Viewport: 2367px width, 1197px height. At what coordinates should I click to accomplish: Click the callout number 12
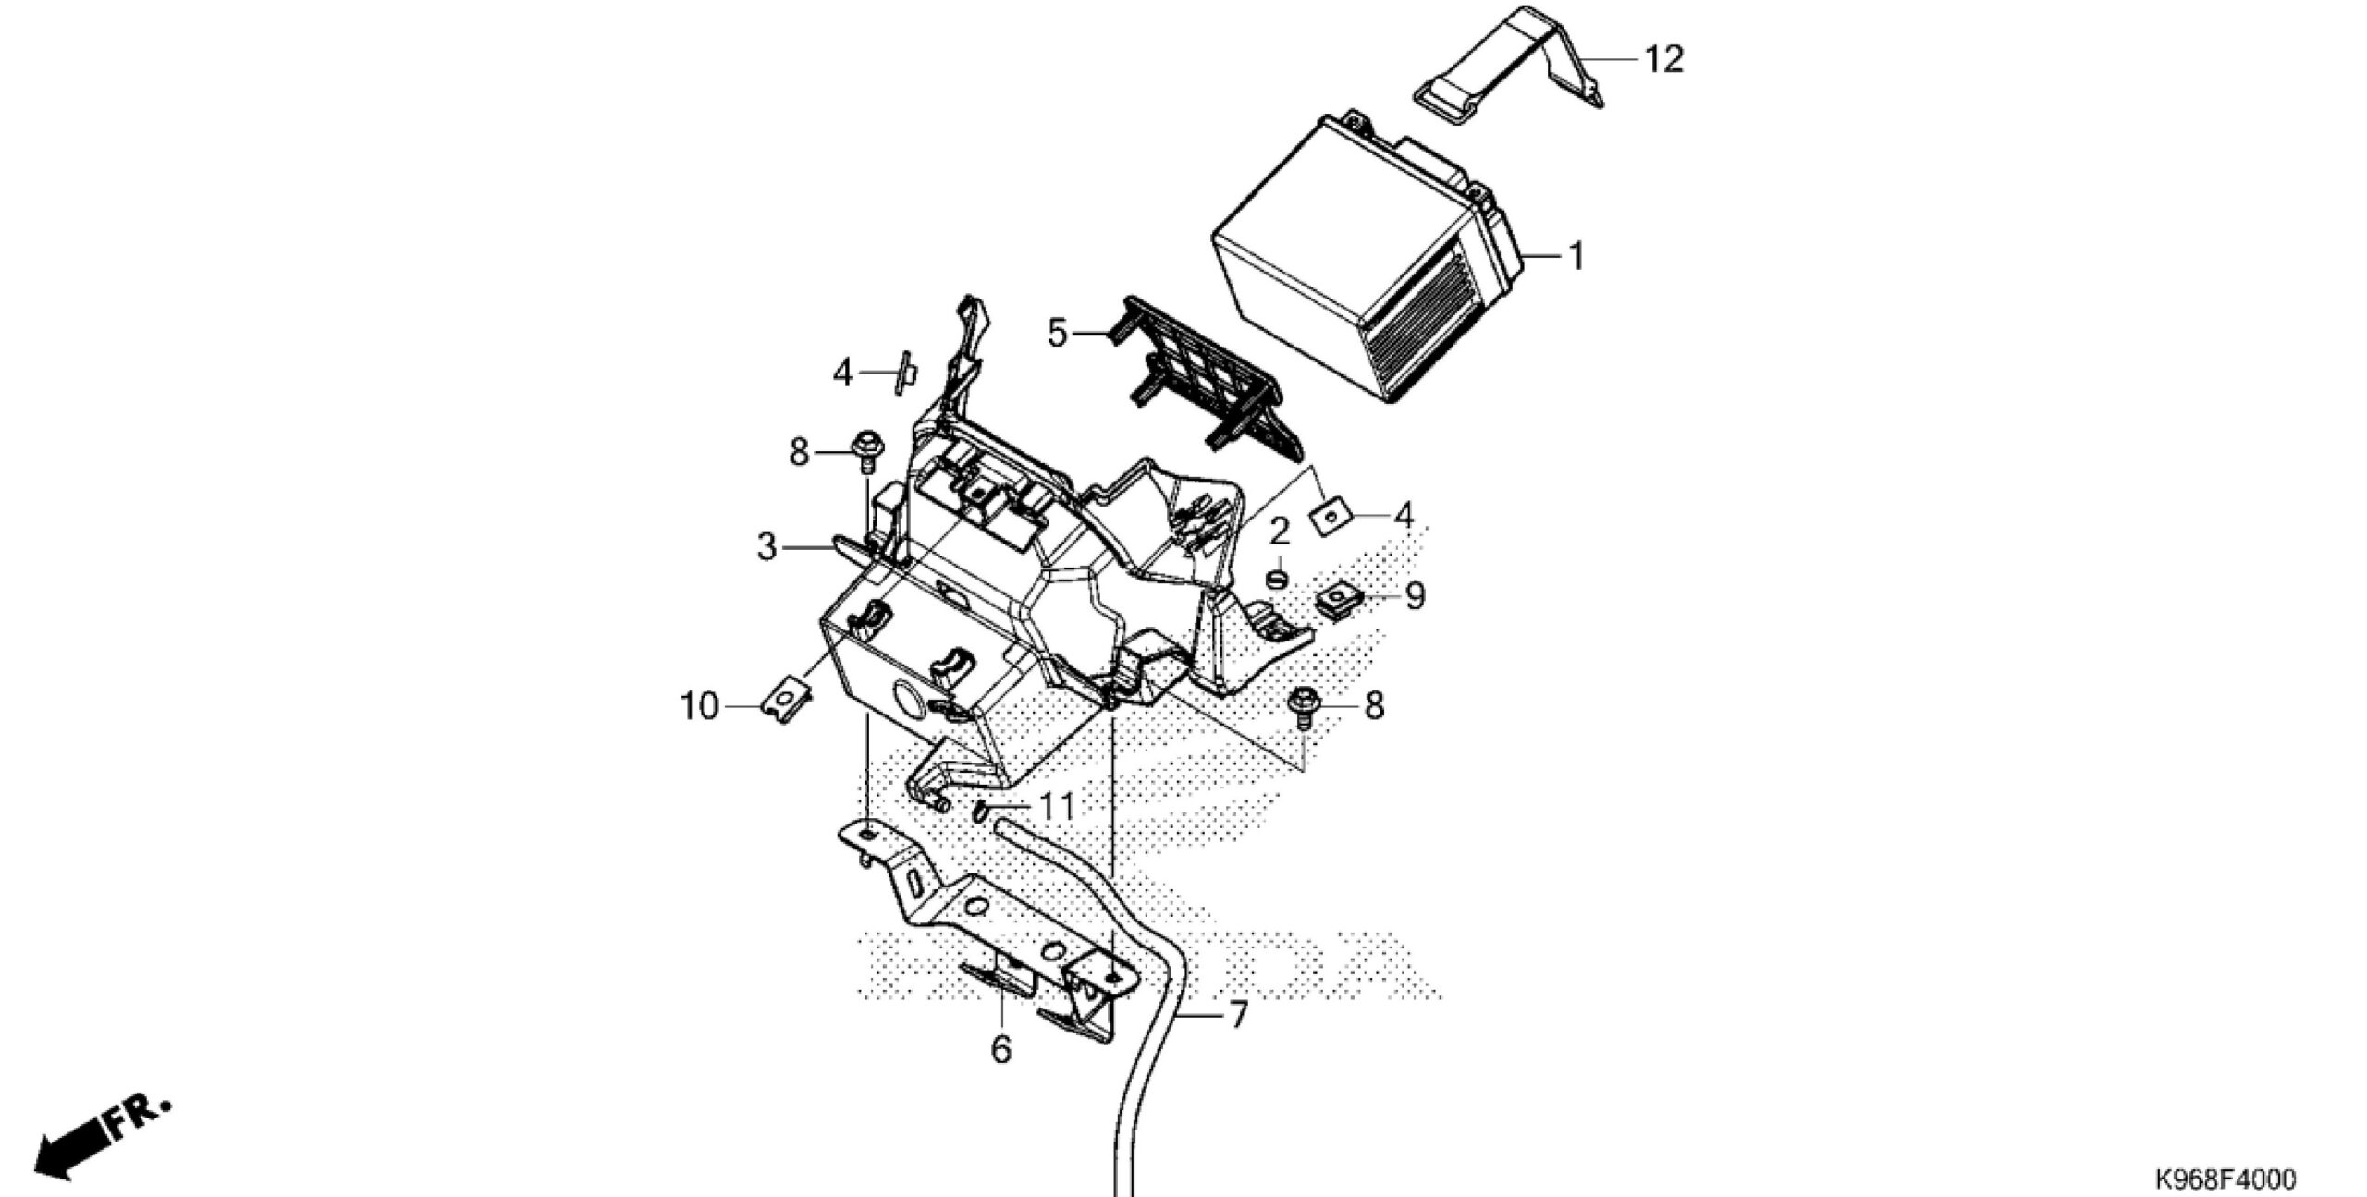point(1663,60)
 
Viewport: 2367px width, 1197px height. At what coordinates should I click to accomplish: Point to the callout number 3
point(767,548)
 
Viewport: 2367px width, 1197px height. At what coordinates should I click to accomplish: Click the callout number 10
point(700,708)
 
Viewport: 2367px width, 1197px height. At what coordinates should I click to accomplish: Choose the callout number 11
point(1056,808)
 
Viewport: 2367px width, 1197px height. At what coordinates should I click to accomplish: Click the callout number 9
point(1415,596)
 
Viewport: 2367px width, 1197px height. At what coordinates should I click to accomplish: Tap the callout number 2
point(1280,531)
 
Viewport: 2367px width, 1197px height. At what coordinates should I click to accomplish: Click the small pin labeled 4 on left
point(260,373)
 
